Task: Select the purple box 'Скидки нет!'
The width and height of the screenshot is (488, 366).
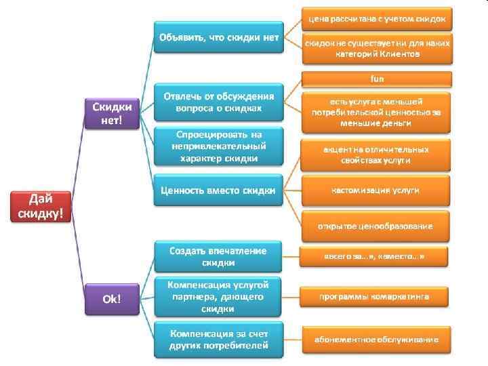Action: (112, 113)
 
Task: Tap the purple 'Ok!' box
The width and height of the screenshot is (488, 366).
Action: (112, 298)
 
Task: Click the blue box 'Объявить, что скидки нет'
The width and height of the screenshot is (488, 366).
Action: (218, 37)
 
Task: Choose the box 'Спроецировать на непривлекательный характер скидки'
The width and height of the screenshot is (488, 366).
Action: (218, 146)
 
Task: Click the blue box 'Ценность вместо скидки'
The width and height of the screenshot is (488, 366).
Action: (218, 191)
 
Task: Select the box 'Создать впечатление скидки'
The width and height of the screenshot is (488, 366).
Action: (218, 256)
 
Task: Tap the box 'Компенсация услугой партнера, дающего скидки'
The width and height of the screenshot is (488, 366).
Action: (218, 297)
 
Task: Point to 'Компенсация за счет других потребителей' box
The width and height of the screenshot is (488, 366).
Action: (218, 339)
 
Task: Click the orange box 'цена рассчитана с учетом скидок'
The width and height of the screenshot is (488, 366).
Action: (377, 18)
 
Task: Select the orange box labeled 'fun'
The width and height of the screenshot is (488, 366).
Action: (377, 79)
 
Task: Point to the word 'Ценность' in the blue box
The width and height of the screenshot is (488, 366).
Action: (181, 191)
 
